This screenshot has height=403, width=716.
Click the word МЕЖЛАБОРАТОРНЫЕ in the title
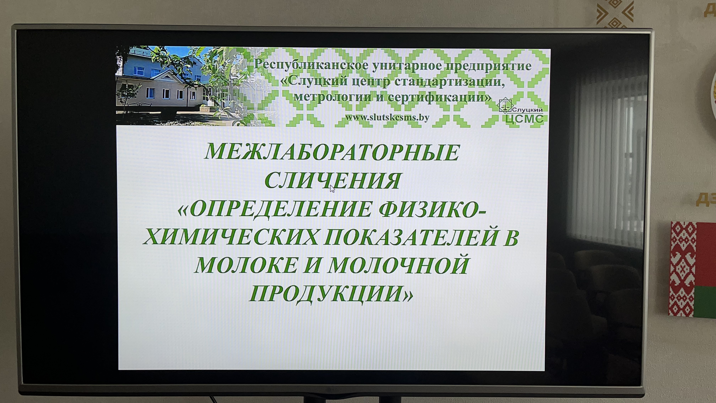[x=332, y=152]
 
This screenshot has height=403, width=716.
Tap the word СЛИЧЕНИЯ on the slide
[x=332, y=181]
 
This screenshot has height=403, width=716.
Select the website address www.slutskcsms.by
[x=387, y=117]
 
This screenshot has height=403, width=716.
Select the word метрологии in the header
[x=332, y=97]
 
